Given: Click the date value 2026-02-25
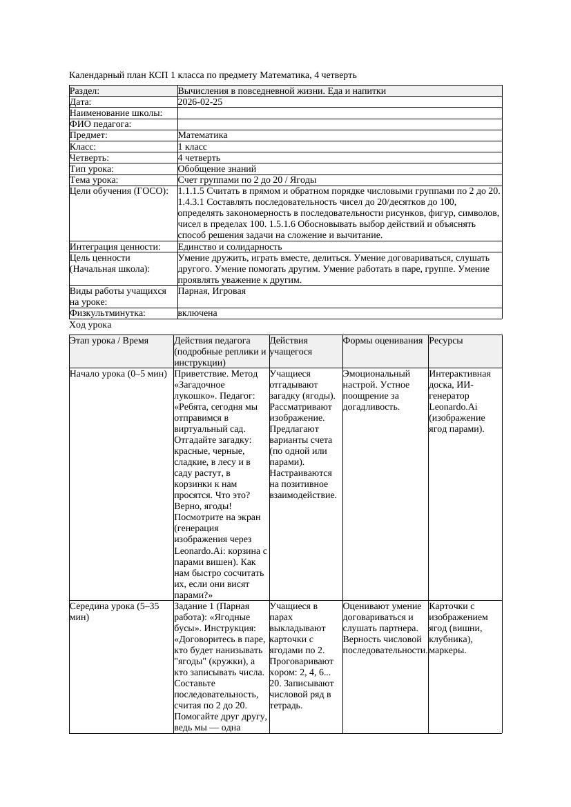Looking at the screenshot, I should pyautogui.click(x=200, y=102).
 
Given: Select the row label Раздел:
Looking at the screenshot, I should pyautogui.click(x=85, y=91).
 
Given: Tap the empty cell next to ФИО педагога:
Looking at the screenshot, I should pyautogui.click(x=338, y=124).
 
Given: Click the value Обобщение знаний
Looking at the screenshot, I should pyautogui.click(x=217, y=169).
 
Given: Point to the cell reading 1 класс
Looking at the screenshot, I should pyautogui.click(x=193, y=147).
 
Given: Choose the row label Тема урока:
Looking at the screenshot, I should pyautogui.click(x=94, y=180).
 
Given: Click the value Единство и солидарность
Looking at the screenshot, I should pyautogui.click(x=230, y=247).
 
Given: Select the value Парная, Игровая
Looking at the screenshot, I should pyautogui.click(x=212, y=292).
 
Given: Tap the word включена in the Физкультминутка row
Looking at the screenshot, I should pyautogui.click(x=197, y=313).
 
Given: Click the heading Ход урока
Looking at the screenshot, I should pyautogui.click(x=90, y=325).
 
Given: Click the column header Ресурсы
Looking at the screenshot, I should pyautogui.click(x=446, y=341).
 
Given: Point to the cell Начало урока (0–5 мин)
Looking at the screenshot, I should pyautogui.click(x=119, y=374).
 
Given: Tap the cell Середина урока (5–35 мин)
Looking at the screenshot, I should pyautogui.click(x=115, y=612).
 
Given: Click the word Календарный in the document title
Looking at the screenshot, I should pyautogui.click(x=95, y=75).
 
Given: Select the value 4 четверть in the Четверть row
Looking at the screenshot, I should pyautogui.click(x=200, y=158).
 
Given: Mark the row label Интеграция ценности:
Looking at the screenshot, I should pyautogui.click(x=115, y=247).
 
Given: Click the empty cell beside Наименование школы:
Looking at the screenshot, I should pyautogui.click(x=338, y=113).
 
